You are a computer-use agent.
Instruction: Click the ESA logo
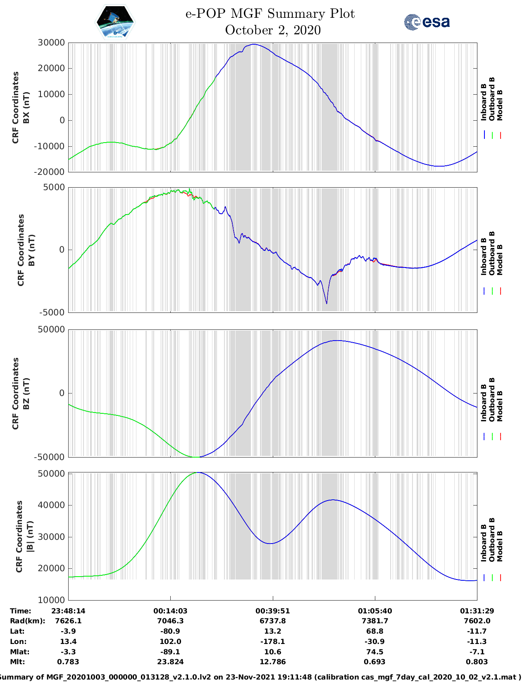(427, 22)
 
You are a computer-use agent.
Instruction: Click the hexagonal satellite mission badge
(115, 22)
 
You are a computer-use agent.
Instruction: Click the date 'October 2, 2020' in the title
(273, 30)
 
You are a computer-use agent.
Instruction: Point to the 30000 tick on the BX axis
(51, 43)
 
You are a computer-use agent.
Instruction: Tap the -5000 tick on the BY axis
(52, 312)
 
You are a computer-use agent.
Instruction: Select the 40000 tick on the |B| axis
(51, 505)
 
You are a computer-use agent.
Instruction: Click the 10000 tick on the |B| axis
(51, 600)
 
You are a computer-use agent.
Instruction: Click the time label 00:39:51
(273, 611)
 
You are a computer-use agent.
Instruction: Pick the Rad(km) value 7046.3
(170, 621)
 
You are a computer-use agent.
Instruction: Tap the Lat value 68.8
(375, 631)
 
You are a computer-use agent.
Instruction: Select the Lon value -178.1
(273, 641)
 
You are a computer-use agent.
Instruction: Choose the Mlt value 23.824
(170, 662)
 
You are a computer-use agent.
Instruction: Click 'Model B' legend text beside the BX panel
(500, 105)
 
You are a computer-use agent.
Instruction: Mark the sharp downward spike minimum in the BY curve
(327, 304)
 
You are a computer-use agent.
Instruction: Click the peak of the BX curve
(254, 44)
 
